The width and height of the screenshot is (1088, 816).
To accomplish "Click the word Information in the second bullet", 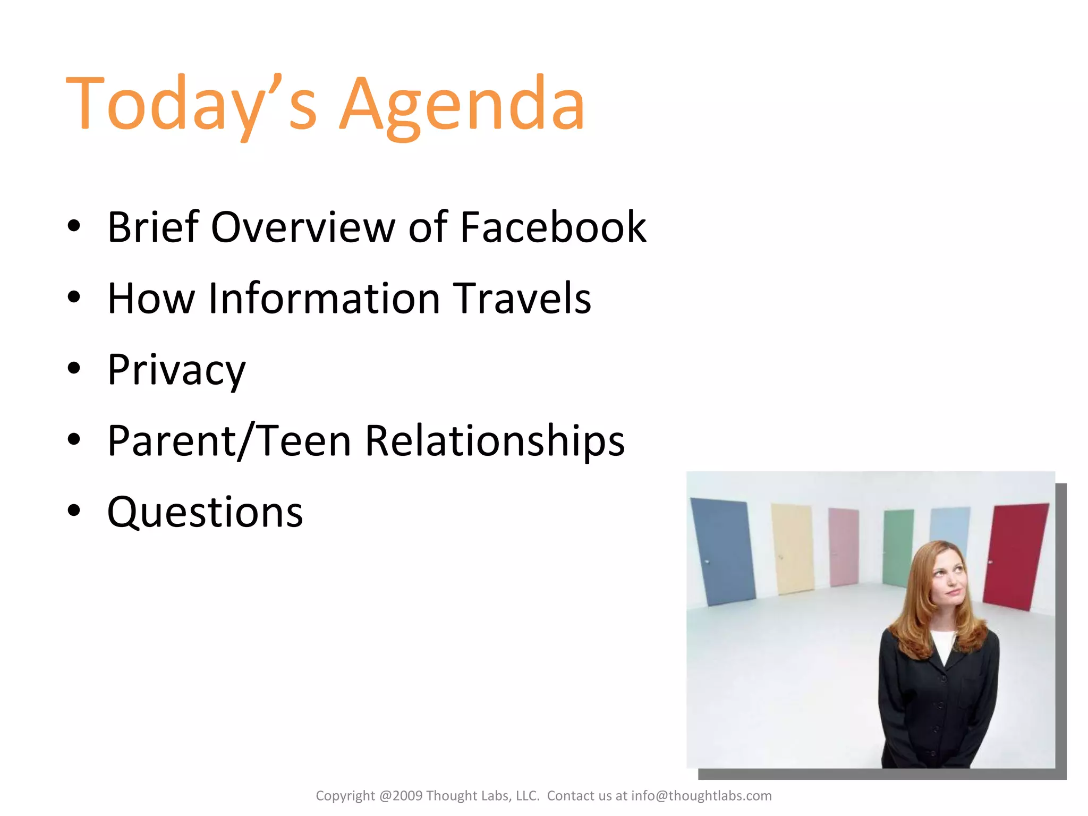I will pos(324,299).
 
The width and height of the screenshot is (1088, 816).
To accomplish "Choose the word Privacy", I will pos(176,370).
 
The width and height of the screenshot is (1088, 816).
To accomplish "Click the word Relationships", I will pos(495,441).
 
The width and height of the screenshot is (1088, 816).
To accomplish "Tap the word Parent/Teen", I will pos(229,441).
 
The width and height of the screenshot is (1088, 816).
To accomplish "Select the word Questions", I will pos(205,512).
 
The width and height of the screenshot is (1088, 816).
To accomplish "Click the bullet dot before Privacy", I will pos(74,368).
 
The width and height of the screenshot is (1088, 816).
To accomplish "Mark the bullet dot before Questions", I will pos(74,510).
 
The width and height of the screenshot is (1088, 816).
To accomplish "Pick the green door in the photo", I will pos(898,547).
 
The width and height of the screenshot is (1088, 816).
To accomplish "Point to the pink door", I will pos(844,547).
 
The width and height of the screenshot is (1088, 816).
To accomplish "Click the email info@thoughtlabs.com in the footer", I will pos(701,796).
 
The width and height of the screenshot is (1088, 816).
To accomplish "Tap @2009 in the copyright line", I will pos(401,796).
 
